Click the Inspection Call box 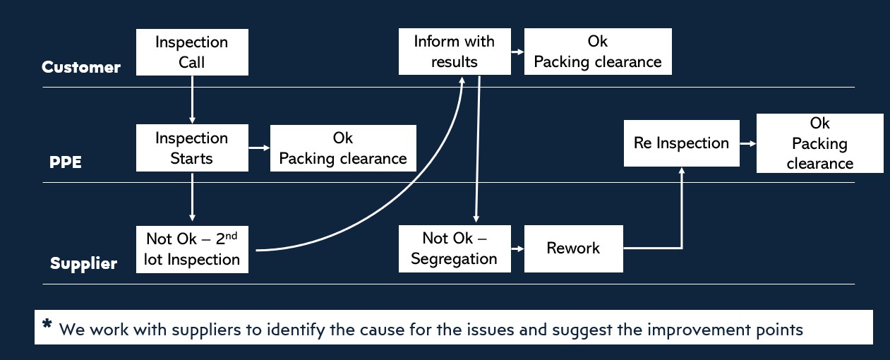tap(192, 52)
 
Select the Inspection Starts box tap(192, 148)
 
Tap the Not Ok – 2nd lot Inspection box tap(192, 248)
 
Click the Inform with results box tap(455, 52)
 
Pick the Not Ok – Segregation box tap(454, 248)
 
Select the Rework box tap(573, 248)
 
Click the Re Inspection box tap(681, 143)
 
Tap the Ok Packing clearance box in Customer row tap(597, 52)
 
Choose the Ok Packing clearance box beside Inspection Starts tap(343, 148)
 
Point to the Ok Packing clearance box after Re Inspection tap(819, 143)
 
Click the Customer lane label tap(81, 68)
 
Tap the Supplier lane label tap(83, 264)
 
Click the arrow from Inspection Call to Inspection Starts tap(192, 99)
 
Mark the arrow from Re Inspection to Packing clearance tap(747, 143)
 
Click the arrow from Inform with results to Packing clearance tap(517, 52)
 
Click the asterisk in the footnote tap(47, 325)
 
